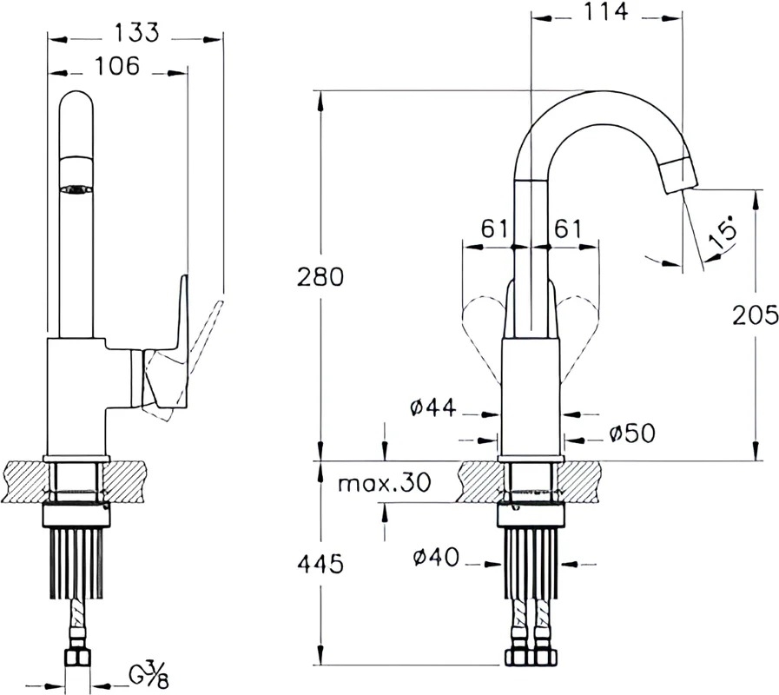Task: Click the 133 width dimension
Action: pyautogui.click(x=137, y=32)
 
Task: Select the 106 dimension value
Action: pyautogui.click(x=117, y=66)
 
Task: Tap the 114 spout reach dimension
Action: pyautogui.click(x=605, y=12)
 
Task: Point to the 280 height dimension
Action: pyautogui.click(x=320, y=277)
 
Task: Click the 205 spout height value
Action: pyautogui.click(x=756, y=314)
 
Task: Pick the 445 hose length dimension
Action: pyautogui.click(x=320, y=564)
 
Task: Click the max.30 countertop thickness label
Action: pyautogui.click(x=384, y=482)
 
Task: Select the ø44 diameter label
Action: pyautogui.click(x=432, y=407)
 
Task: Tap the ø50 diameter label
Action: pyautogui.click(x=632, y=434)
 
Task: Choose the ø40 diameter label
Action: pyautogui.click(x=436, y=557)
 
